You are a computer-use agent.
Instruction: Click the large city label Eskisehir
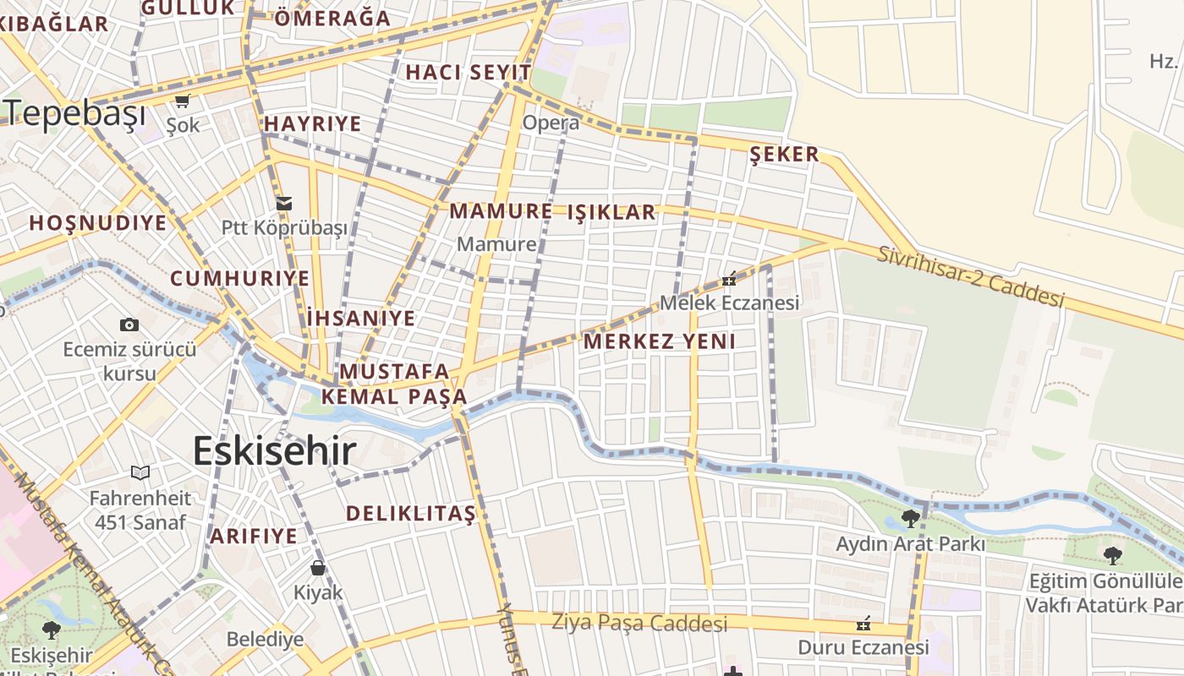274,451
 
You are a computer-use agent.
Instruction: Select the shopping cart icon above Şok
182,101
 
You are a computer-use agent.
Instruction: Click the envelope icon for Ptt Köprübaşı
284,203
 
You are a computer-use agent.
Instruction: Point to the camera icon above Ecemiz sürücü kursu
129,324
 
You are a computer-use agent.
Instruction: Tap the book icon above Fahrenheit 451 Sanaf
140,473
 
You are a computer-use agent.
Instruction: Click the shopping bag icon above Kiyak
318,567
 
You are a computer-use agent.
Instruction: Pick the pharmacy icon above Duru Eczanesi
863,624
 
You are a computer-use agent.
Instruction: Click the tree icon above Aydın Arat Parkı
911,518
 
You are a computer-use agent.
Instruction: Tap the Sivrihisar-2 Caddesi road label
970,277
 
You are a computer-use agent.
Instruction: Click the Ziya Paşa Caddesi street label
639,624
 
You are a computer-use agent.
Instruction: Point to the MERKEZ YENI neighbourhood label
660,341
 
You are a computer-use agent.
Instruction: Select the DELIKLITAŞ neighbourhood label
411,514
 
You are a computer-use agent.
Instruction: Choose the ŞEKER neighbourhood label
785,154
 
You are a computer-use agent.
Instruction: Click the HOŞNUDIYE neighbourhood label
98,223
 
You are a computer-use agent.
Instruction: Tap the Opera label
551,123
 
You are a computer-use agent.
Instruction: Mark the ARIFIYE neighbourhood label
254,536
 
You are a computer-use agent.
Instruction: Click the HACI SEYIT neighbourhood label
469,73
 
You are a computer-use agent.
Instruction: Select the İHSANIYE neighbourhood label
361,319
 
